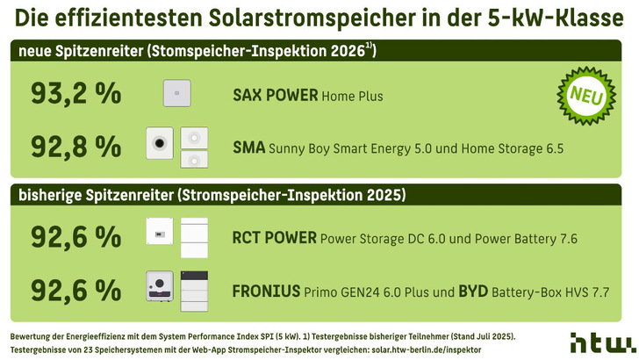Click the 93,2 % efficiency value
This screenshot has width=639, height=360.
click(x=75, y=93)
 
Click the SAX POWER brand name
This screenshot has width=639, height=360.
click(x=276, y=94)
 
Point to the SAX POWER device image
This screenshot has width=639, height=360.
click(x=176, y=93)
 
